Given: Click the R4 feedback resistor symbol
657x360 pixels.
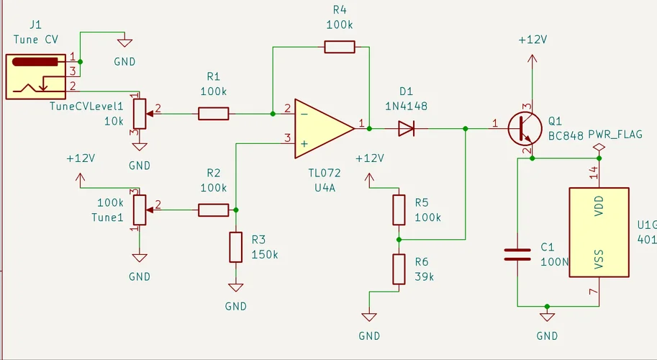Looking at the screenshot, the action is (340, 47).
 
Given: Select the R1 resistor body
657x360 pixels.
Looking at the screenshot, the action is (213, 114).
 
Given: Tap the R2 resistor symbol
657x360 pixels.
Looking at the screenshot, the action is (213, 210).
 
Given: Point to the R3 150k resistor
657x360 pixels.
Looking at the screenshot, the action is (236, 247).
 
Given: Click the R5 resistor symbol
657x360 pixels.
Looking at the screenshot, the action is (399, 210).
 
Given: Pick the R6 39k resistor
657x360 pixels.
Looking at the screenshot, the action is (399, 269).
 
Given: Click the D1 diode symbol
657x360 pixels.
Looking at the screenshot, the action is (406, 129).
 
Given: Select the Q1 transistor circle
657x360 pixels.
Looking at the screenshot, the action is (525, 128).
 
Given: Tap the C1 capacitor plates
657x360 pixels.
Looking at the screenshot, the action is (517, 254).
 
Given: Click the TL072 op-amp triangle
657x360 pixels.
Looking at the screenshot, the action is (325, 129).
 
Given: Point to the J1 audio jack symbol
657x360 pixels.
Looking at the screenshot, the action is (35, 76).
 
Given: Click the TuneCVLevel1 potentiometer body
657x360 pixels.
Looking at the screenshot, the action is (140, 114).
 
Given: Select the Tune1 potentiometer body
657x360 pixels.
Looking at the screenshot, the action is (140, 210).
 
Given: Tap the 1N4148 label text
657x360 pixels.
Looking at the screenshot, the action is (406, 106).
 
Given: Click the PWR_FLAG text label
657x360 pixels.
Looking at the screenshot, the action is (615, 135).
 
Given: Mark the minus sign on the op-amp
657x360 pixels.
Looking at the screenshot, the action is (304, 114).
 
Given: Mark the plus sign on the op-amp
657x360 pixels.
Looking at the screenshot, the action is (304, 144).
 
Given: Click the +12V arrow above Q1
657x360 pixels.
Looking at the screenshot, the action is (532, 58).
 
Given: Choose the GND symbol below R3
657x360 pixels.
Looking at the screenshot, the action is (236, 287).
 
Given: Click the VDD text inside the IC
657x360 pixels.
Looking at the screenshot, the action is (599, 205).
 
